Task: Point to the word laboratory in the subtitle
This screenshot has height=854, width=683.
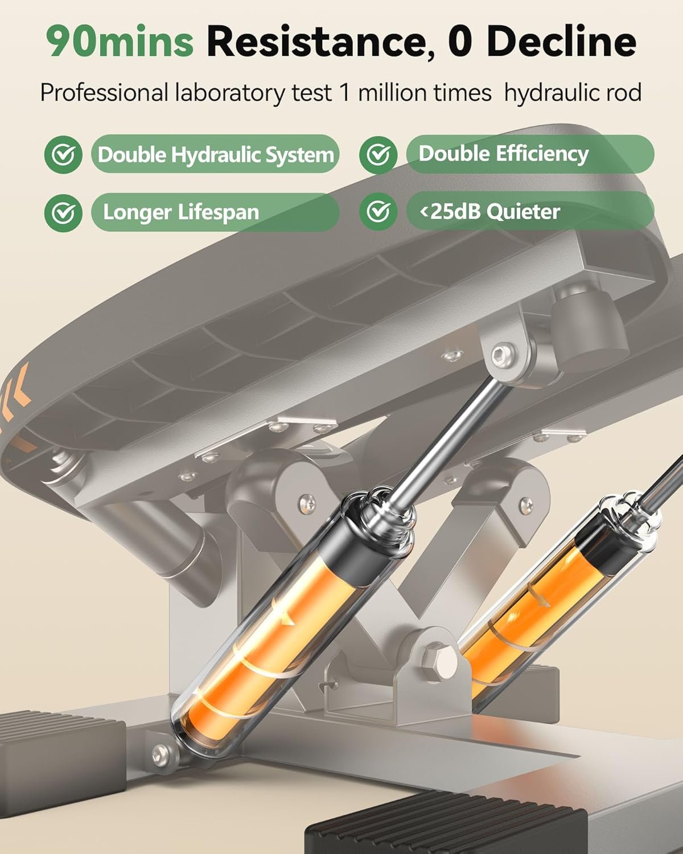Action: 230,93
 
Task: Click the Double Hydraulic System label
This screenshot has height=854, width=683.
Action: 216,154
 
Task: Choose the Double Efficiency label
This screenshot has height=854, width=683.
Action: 530,154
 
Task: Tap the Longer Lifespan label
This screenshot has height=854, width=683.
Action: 216,212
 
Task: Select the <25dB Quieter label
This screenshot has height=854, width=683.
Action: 530,211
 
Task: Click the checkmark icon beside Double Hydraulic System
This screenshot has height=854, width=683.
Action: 64,154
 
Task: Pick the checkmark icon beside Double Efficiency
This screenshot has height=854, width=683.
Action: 378,154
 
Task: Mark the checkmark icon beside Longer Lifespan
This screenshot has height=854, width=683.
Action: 64,213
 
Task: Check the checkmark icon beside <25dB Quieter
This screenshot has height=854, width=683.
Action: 378,211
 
